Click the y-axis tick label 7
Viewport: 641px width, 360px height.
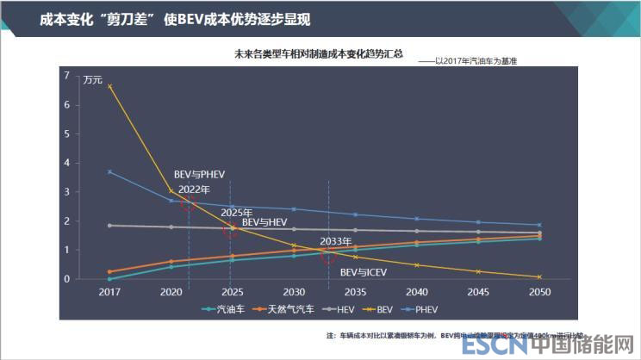point(66,76)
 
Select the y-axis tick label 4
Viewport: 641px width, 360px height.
point(66,163)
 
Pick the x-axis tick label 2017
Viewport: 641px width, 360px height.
point(109,292)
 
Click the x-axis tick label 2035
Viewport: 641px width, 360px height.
point(355,292)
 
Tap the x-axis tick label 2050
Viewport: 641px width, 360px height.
point(539,292)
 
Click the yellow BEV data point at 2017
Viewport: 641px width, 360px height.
point(109,86)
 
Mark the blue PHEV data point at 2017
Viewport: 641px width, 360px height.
point(109,171)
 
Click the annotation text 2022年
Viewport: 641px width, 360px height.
point(194,189)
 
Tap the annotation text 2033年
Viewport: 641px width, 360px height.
point(335,241)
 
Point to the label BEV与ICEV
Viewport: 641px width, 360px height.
point(363,271)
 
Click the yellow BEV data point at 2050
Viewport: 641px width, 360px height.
point(539,276)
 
